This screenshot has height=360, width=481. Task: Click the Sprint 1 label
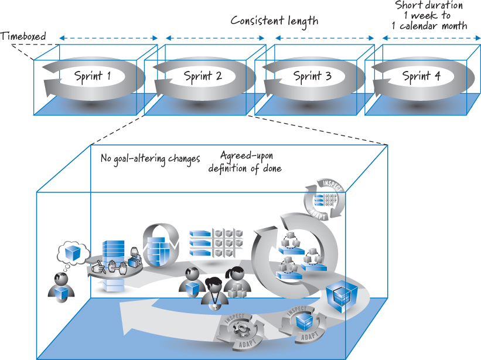click(x=93, y=76)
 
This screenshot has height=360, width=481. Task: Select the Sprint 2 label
click(x=203, y=76)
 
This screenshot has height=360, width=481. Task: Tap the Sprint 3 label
click(x=312, y=76)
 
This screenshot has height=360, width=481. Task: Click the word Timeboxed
click(x=23, y=36)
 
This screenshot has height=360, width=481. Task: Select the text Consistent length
click(x=274, y=21)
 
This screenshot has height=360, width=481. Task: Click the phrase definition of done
click(x=245, y=169)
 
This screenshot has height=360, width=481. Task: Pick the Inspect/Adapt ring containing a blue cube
click(x=302, y=323)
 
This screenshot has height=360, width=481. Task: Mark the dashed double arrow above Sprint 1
click(x=109, y=39)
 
